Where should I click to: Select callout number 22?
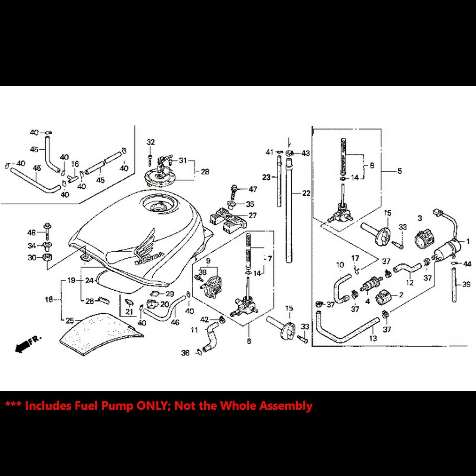(306, 193)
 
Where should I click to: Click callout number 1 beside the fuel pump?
(468, 241)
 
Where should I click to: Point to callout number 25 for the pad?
(70, 321)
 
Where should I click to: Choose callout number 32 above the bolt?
(150, 142)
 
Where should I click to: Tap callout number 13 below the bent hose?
(373, 338)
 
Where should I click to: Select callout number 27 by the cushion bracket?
(252, 215)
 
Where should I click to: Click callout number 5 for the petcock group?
(399, 171)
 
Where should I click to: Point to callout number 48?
(31, 233)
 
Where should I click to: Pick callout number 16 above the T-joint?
(75, 164)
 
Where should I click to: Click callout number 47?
(253, 189)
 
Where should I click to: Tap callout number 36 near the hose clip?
(185, 353)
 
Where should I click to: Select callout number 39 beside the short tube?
(466, 284)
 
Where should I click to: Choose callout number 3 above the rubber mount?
(420, 218)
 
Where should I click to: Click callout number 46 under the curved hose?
(175, 322)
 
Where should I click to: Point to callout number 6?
(249, 341)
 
